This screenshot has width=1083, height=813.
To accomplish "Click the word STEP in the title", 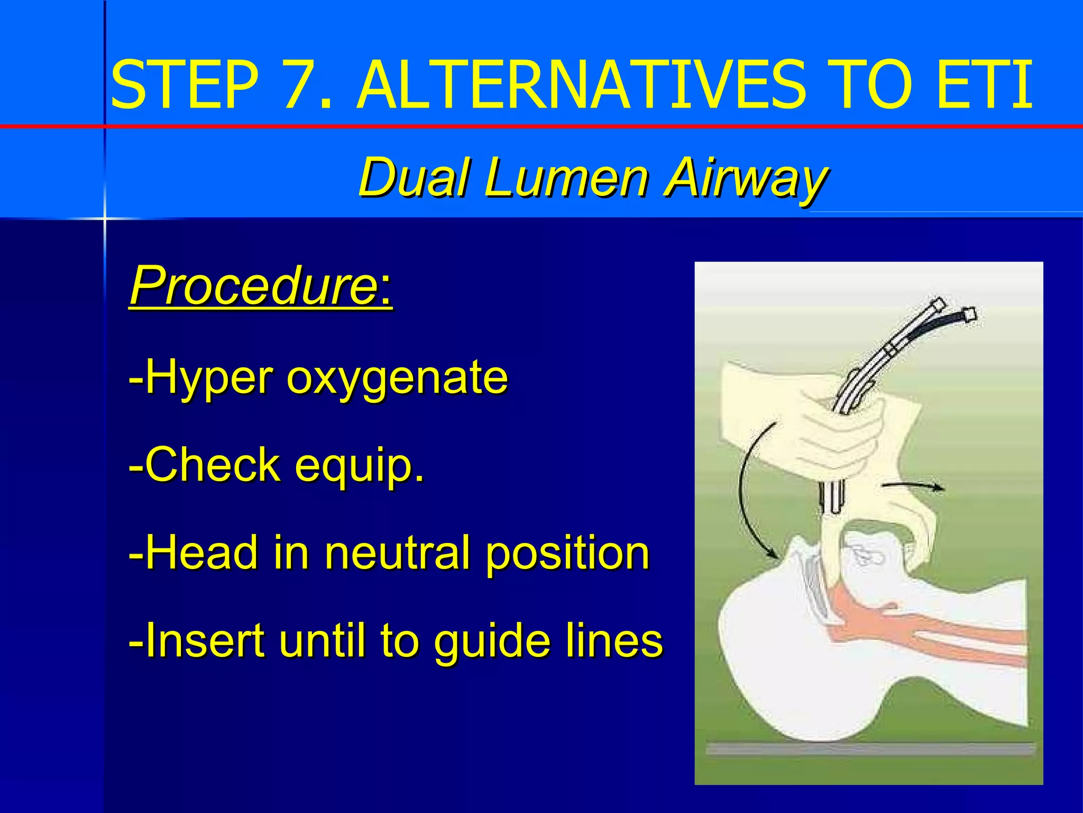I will point(185,85).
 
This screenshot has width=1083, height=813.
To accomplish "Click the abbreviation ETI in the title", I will point(983,85).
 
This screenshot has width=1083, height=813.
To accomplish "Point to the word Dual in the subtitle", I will point(414,177).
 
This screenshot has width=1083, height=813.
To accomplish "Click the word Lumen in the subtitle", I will point(565,177).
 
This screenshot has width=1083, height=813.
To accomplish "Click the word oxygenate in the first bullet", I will point(397,378).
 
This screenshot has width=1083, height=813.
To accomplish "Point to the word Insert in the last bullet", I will point(204,640).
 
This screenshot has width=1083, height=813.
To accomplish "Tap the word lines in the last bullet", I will point(613,640).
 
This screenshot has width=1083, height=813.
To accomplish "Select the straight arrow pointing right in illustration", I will point(912,486).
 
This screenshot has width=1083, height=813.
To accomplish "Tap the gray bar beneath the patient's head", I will point(870,748).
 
